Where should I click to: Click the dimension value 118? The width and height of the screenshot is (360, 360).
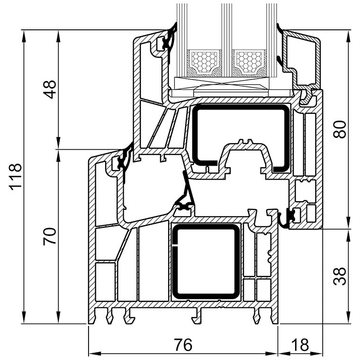pyautogui.click(x=15, y=177)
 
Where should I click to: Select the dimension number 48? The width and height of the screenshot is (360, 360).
pyautogui.click(x=49, y=90)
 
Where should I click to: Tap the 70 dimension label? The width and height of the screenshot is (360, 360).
pyautogui.click(x=49, y=236)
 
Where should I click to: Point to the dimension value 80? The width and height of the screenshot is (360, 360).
pyautogui.click(x=340, y=129)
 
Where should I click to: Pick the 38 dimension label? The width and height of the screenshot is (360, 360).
pyautogui.click(x=340, y=276)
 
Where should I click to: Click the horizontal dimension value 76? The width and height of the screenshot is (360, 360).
pyautogui.click(x=183, y=345)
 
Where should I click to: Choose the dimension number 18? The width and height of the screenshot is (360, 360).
pyautogui.click(x=300, y=345)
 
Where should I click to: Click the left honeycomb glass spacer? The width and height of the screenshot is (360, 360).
pyautogui.click(x=204, y=62)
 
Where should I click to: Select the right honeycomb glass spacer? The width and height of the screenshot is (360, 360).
pyautogui.click(x=249, y=62)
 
